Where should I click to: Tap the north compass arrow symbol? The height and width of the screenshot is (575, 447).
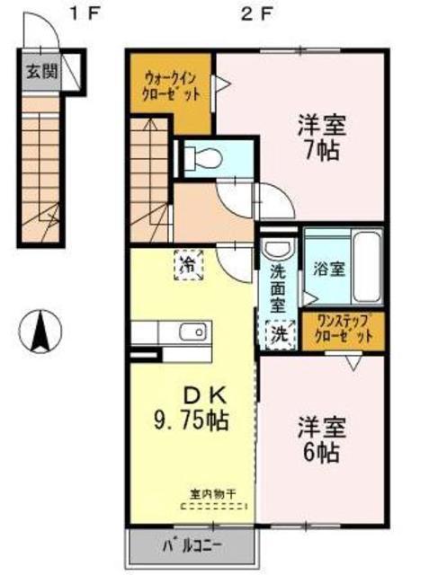click(x=40, y=332)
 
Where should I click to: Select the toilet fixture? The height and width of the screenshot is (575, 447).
click(x=203, y=158)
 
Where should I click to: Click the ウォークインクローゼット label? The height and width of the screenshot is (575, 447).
click(x=172, y=87)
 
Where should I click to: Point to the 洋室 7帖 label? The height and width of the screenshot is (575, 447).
click(x=322, y=137)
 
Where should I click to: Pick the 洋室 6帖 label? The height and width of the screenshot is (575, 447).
click(x=322, y=439)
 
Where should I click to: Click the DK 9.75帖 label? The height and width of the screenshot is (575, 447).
click(x=191, y=408)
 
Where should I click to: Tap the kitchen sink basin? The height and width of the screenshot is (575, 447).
click(x=192, y=332)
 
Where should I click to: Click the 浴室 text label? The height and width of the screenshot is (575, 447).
click(x=329, y=270)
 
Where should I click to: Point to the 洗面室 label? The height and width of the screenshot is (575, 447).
click(x=279, y=289)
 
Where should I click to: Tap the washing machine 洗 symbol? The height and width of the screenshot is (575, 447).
click(x=280, y=334)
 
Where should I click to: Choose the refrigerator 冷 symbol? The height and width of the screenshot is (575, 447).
click(x=189, y=265)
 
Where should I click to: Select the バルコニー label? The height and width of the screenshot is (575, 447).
click(x=192, y=547)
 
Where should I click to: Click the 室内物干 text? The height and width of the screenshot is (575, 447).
click(x=213, y=494)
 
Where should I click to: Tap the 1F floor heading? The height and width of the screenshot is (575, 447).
click(x=85, y=14)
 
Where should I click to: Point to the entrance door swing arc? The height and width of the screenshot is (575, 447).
click(x=47, y=22)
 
